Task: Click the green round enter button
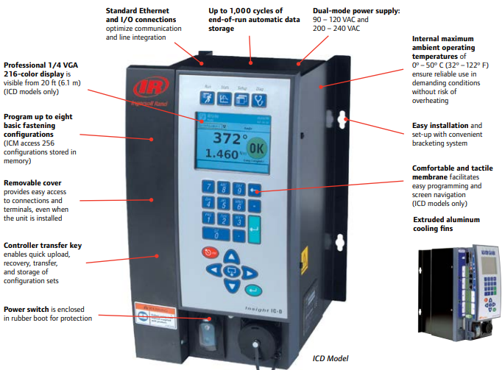(254, 289)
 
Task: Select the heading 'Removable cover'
(32, 182)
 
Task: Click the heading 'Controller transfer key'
(43, 245)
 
